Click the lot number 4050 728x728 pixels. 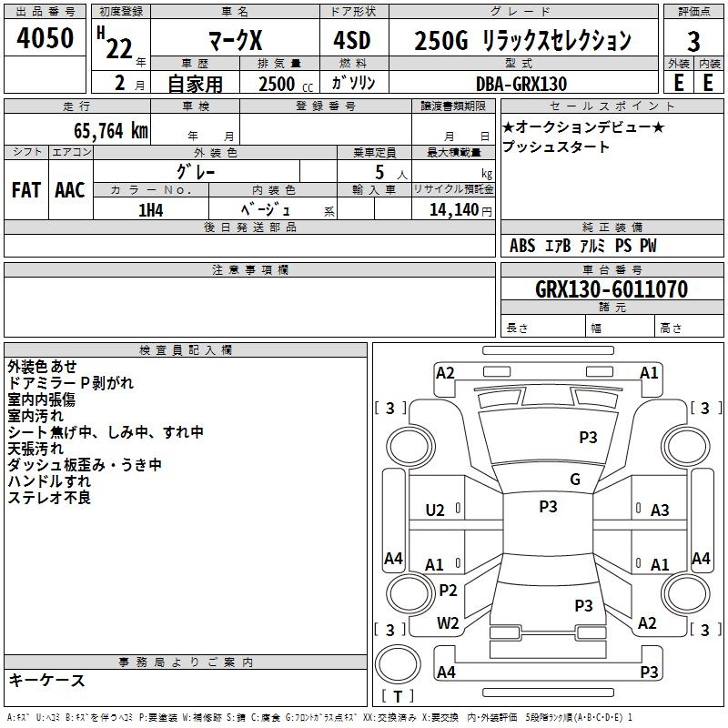[x=45, y=37]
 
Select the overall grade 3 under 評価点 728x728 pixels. [x=693, y=41]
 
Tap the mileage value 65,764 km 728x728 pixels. [x=110, y=131]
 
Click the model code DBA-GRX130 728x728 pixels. [x=521, y=84]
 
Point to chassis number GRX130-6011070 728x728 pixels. [x=612, y=288]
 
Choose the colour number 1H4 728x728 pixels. [x=151, y=210]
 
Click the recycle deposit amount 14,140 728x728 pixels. [x=454, y=210]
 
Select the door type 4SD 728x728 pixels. [x=352, y=40]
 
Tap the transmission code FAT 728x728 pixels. [x=26, y=190]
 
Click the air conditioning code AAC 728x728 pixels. [x=70, y=190]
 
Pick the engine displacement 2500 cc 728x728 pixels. [x=286, y=84]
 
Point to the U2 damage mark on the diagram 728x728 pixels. [x=435, y=511]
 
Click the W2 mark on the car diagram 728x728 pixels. [x=448, y=623]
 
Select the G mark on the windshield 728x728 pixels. [x=575, y=480]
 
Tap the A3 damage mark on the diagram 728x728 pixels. [x=660, y=511]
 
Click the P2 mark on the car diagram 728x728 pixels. [x=448, y=591]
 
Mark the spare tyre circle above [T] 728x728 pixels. [x=398, y=663]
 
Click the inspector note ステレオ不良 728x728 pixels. [x=49, y=498]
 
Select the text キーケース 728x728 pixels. [x=47, y=681]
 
